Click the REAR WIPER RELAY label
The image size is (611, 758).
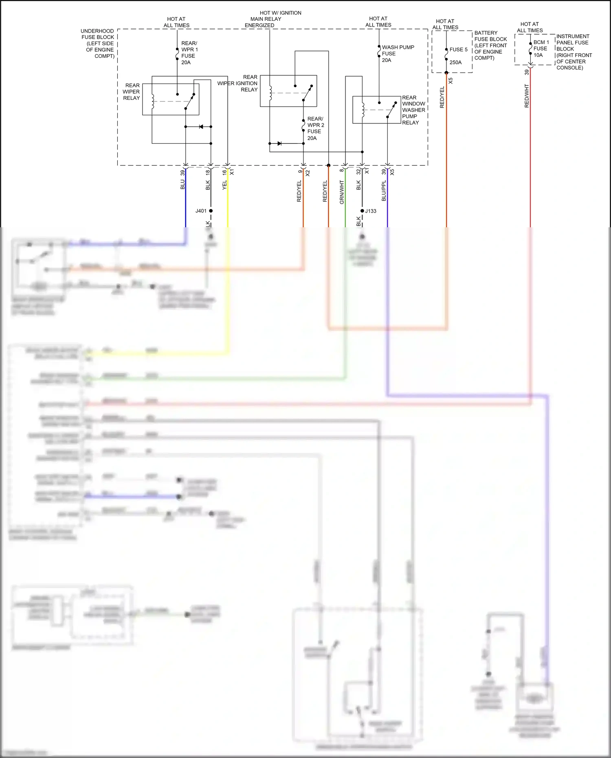click(132, 92)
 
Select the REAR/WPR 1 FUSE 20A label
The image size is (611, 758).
click(189, 53)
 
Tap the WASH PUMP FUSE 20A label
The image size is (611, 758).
click(397, 53)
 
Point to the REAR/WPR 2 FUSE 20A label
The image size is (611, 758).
click(315, 128)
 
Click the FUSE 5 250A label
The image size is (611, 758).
click(458, 56)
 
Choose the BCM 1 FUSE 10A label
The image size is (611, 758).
click(541, 48)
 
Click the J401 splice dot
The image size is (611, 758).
click(211, 211)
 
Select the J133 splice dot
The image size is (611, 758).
click(362, 211)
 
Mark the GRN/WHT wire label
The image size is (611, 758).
click(342, 192)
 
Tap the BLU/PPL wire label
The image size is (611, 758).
click(384, 191)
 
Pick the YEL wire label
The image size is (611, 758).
click(224, 185)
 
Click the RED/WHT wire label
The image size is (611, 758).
click(527, 96)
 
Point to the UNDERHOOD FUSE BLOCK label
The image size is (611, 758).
click(98, 43)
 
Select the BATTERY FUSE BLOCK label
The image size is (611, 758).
click(490, 45)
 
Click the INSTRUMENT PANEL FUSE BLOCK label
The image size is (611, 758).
click(574, 52)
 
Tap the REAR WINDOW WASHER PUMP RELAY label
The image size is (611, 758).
click(413, 110)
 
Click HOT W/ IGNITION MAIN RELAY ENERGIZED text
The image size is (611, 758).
click(273, 19)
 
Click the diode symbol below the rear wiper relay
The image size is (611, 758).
click(201, 127)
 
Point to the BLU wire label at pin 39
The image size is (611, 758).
click(182, 185)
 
